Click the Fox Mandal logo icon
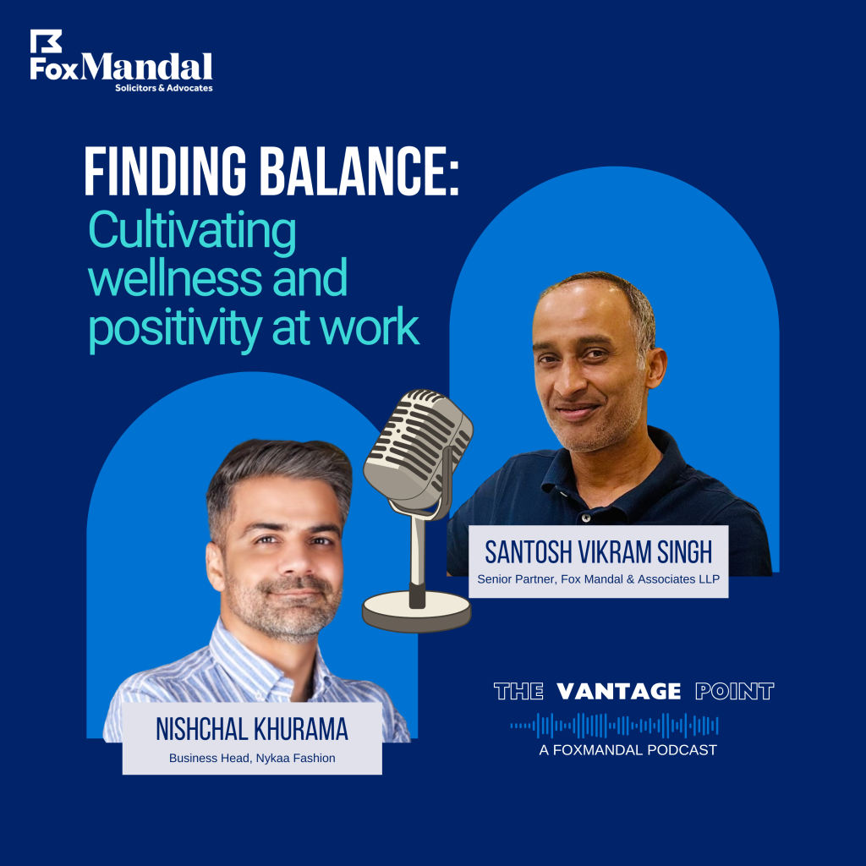point(46,41)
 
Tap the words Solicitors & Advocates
point(164,88)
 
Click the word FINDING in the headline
point(165,171)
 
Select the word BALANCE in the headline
point(359,171)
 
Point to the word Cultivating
point(192,232)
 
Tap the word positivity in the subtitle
point(174,329)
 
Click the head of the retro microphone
point(418,449)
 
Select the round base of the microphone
point(417,611)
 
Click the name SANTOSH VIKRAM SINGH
point(599,552)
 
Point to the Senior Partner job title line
point(599,578)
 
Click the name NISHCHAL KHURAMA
point(252,729)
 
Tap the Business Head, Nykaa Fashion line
point(252,758)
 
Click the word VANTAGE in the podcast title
point(618,691)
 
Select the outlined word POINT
point(735,691)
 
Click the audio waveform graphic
point(614,726)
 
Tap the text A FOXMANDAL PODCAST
point(628,750)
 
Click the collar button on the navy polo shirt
point(586,518)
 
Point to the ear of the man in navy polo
point(655,366)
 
